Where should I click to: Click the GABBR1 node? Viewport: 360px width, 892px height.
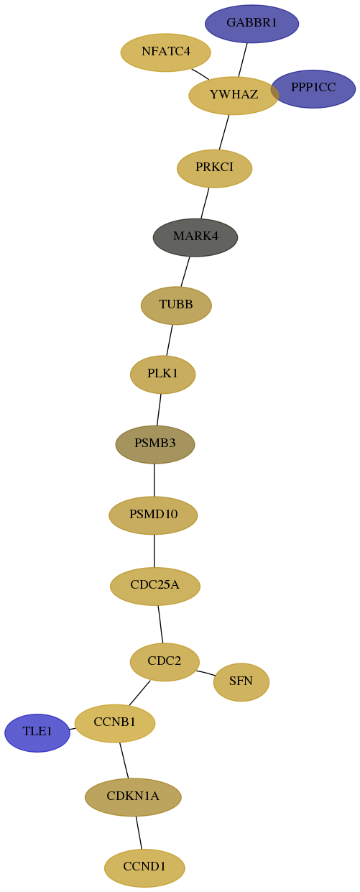(x=251, y=24)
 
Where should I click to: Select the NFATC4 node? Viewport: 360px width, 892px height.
(x=166, y=52)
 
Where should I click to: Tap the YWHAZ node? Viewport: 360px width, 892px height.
(x=234, y=95)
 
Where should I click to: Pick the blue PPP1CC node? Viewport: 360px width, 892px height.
(x=313, y=88)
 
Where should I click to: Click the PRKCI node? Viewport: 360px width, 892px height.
(x=215, y=168)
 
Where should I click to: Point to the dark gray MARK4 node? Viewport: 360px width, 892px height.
(x=195, y=237)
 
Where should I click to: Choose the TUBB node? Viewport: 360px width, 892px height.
(x=176, y=305)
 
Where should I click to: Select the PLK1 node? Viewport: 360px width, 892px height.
(x=163, y=374)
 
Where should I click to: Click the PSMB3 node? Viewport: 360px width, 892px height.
(x=155, y=444)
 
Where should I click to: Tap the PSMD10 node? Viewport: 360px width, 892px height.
(x=153, y=515)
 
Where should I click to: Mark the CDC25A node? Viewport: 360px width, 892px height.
(x=155, y=586)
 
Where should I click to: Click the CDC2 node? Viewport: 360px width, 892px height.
(x=165, y=662)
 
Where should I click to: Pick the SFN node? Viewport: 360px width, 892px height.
(x=241, y=681)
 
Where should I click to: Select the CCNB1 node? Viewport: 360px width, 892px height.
(x=115, y=723)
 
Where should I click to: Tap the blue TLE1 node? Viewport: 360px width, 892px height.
(x=37, y=732)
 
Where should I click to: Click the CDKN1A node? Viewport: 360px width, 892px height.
(x=133, y=797)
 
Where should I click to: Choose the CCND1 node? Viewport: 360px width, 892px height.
(x=144, y=868)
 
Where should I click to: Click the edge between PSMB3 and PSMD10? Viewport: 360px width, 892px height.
(x=154, y=479)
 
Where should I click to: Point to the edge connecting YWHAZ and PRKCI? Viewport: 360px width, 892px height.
(x=224, y=132)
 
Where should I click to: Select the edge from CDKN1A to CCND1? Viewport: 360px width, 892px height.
(x=139, y=832)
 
